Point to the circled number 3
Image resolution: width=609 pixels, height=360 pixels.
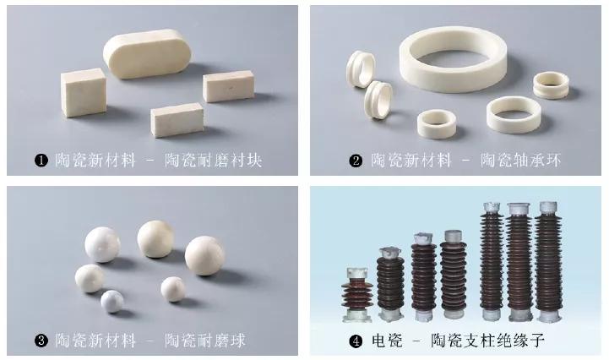pyautogui.click(x=40, y=341)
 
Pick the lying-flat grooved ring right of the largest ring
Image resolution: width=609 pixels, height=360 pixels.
pyautogui.click(x=552, y=85)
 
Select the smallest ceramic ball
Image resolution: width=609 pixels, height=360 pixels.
pyautogui.click(x=112, y=301)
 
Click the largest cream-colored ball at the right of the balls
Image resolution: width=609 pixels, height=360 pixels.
pyautogui.click(x=206, y=255)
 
